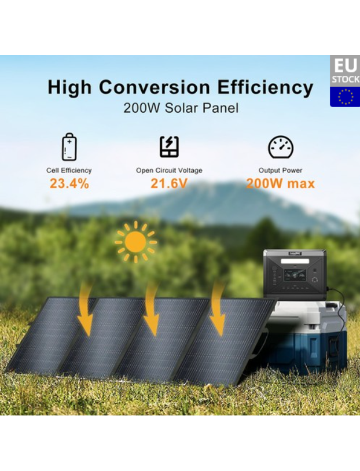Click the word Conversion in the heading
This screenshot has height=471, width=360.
point(155,87)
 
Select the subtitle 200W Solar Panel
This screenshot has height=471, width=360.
point(181,108)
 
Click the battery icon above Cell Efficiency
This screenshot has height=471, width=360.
point(69,147)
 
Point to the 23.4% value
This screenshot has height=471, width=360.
point(69,183)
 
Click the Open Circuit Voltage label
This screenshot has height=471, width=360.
point(169,170)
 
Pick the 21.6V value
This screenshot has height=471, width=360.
point(169,183)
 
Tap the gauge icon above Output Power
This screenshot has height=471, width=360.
point(281,147)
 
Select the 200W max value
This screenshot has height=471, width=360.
point(280,183)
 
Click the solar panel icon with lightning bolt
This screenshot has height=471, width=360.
point(169,146)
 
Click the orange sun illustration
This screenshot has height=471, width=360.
point(136,242)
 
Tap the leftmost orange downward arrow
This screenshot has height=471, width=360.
point(85,310)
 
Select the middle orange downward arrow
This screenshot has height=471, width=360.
point(152,310)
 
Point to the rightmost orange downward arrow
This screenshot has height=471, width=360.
point(218,310)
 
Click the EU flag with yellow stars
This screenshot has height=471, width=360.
point(345,97)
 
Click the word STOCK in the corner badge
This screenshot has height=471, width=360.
point(346,80)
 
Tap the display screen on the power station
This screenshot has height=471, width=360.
point(295,275)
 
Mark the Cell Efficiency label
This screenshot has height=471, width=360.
point(69,170)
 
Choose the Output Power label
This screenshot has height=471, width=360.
point(280,170)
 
